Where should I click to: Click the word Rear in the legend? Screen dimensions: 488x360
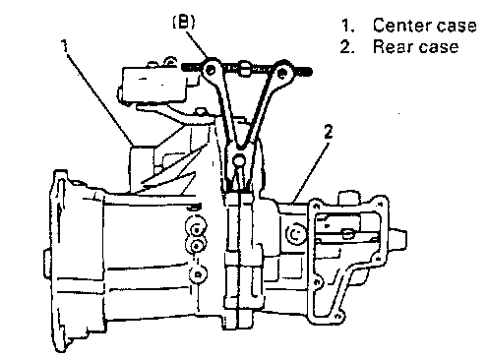[x=391, y=47]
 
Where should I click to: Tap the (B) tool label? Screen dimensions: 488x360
[x=184, y=23]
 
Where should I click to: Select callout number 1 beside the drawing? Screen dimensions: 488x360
[x=65, y=45]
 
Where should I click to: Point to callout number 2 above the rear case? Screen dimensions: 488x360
[x=328, y=132]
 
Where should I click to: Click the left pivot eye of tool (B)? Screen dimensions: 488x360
[x=211, y=70]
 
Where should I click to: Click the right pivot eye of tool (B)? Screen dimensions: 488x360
[x=282, y=72]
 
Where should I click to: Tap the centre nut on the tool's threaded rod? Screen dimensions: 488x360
[x=244, y=69]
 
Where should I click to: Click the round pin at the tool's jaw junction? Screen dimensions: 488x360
[x=238, y=160]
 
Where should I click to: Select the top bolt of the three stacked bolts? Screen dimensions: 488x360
[x=196, y=227]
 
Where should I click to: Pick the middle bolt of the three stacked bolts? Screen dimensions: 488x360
[x=196, y=245]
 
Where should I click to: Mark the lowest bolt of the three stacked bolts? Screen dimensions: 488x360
[x=198, y=274]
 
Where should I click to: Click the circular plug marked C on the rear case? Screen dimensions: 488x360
[x=295, y=234]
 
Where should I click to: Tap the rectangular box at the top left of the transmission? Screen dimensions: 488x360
[x=154, y=83]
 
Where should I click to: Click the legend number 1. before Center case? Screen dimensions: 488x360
[x=348, y=26]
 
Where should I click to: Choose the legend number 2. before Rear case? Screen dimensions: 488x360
[x=347, y=47]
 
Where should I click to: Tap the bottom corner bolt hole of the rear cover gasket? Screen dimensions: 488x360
[x=337, y=317]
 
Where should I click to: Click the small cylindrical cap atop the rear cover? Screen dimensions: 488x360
[x=348, y=199]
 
